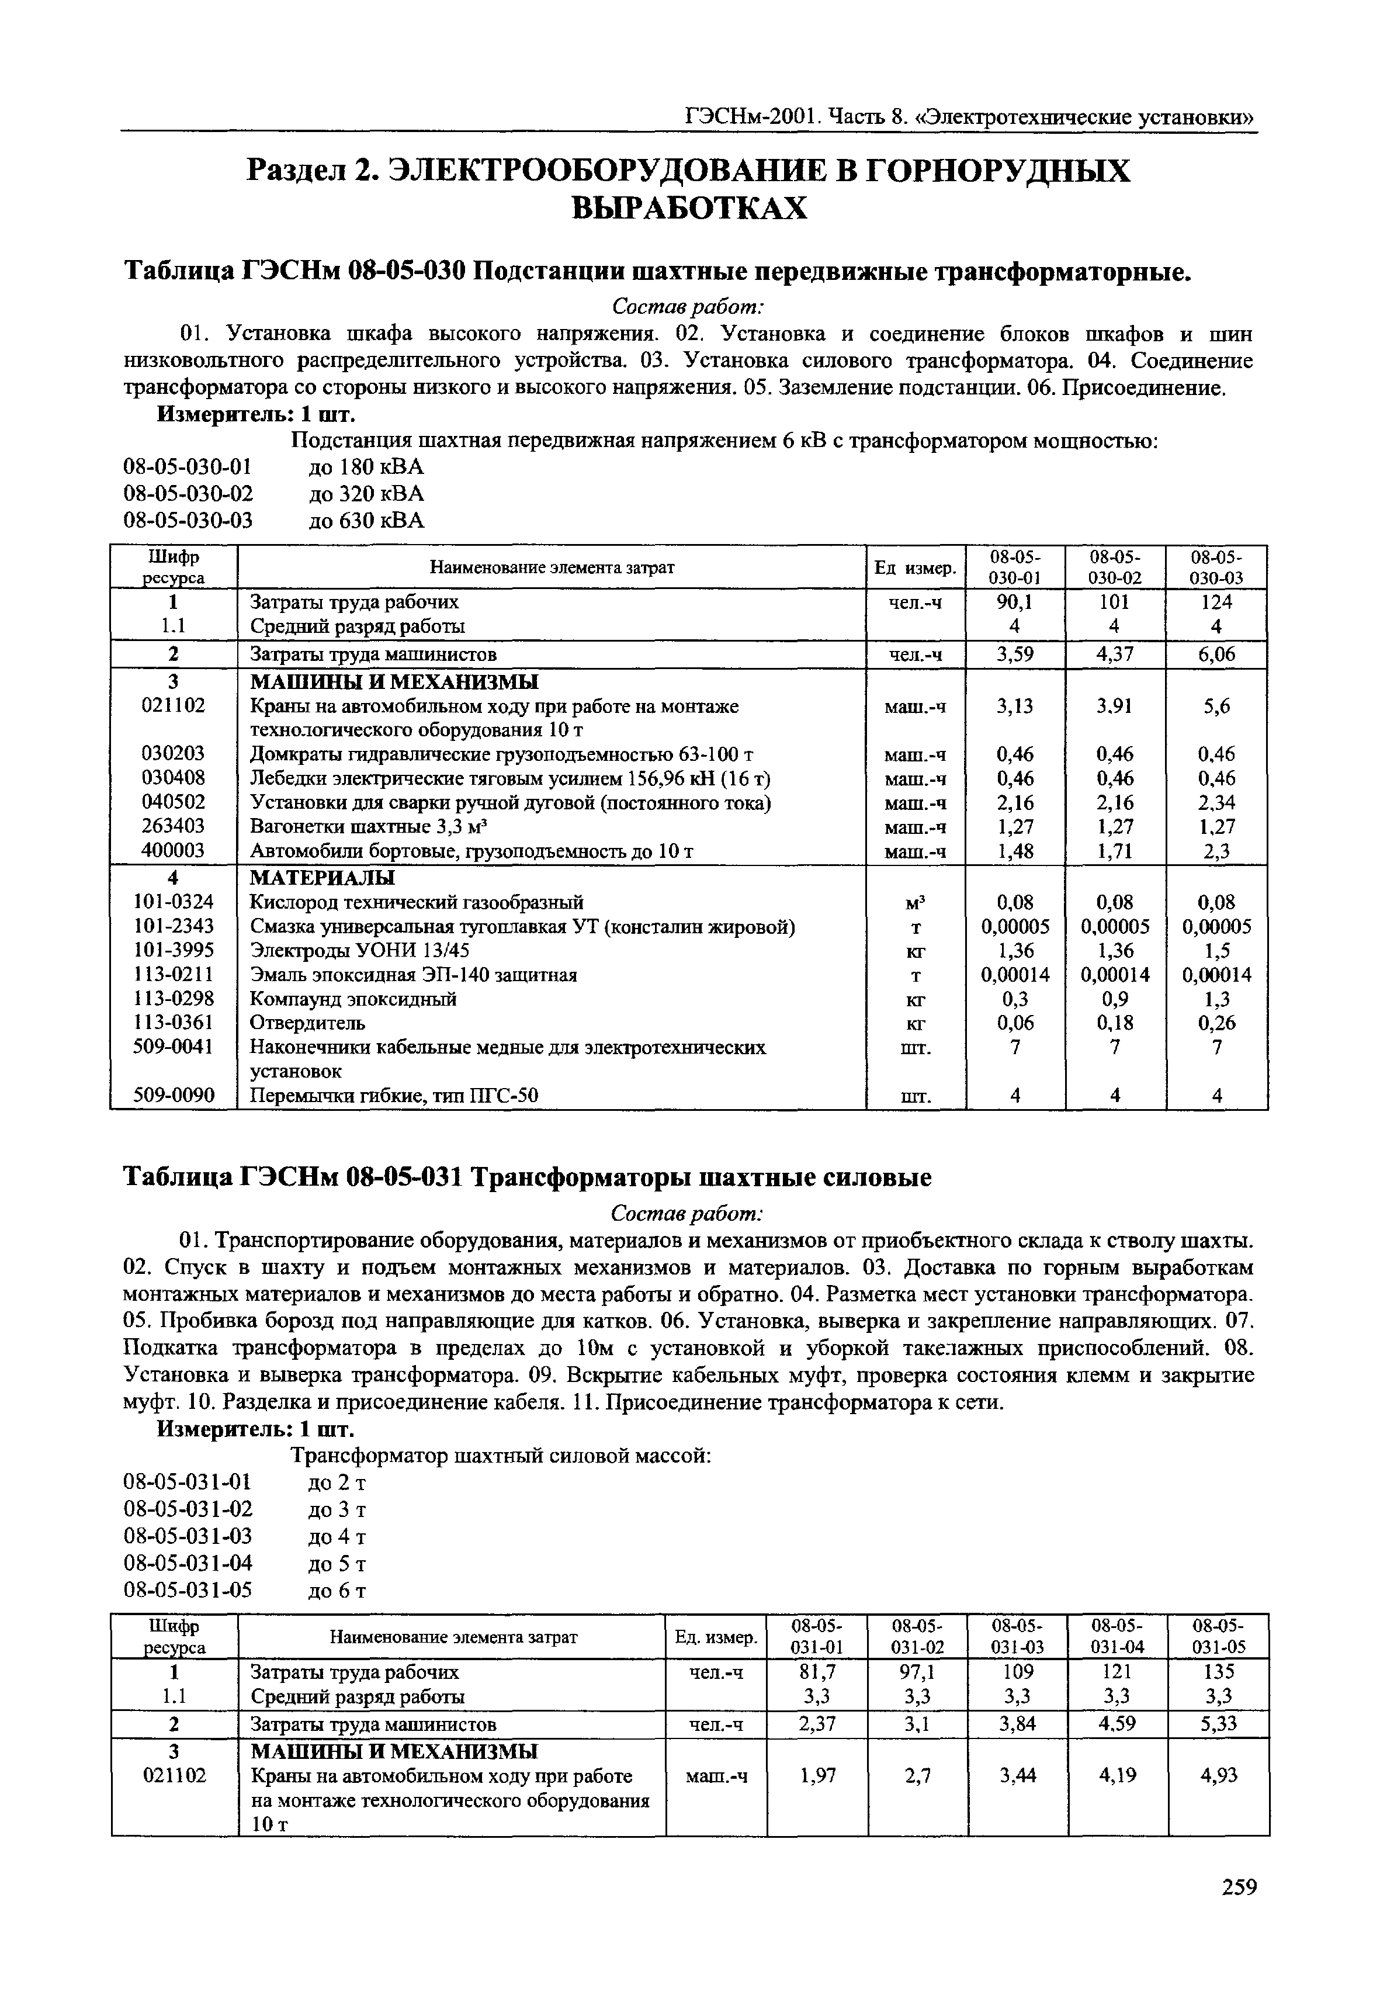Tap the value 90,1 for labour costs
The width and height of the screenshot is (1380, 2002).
(x=1015, y=602)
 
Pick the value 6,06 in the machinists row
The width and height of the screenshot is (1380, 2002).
(x=1216, y=654)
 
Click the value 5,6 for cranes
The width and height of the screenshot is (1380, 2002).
(x=1216, y=706)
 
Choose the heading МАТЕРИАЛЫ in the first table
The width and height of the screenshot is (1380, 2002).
(x=322, y=878)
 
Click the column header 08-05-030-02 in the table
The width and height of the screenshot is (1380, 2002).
(x=1115, y=567)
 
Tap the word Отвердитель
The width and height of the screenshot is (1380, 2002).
(x=307, y=1023)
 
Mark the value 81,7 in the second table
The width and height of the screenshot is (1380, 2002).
(x=817, y=1671)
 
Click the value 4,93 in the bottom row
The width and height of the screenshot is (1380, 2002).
(x=1219, y=1775)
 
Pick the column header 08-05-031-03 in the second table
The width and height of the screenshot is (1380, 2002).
(x=1017, y=1636)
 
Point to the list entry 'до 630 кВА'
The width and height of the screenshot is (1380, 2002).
(x=366, y=521)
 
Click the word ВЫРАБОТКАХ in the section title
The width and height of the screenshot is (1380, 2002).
(x=689, y=209)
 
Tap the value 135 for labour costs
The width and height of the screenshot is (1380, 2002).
(x=1219, y=1671)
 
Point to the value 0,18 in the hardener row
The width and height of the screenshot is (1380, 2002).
(x=1115, y=1023)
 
